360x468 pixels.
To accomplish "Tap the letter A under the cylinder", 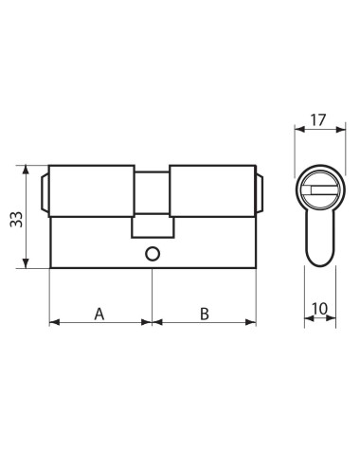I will coord(99,313).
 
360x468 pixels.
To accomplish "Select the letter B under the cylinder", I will coord(204,313).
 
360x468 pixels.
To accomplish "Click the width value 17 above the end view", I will coord(318,121).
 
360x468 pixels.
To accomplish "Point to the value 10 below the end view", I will coord(319,309).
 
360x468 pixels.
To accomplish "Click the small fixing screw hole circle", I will coord(152,253).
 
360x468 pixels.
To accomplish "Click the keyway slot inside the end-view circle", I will coord(318,193).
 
